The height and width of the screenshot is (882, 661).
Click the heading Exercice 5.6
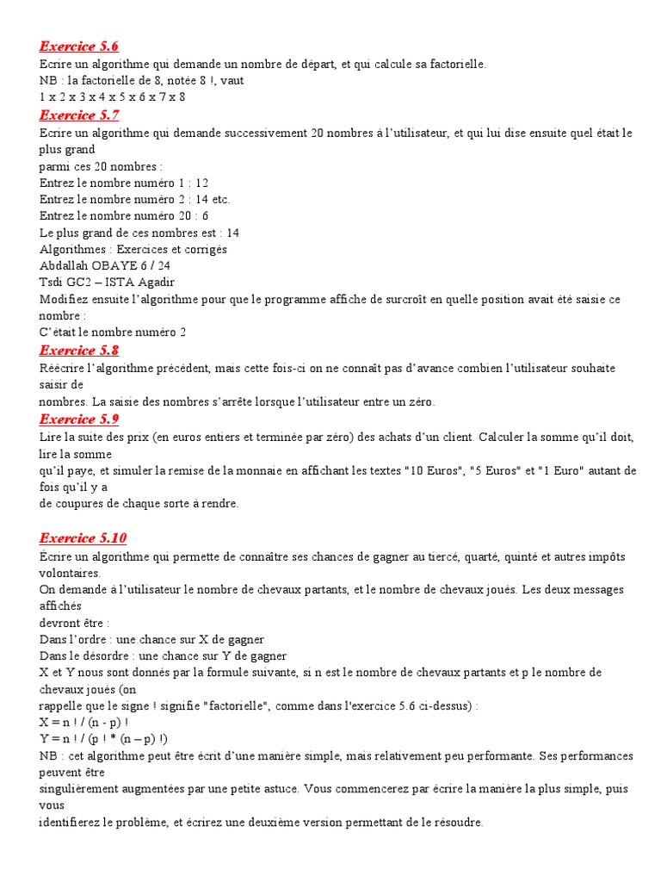pos(79,47)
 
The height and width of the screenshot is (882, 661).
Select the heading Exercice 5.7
pos(79,115)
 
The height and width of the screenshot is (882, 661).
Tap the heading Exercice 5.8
pos(79,351)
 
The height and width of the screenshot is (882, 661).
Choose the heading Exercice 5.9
pos(79,419)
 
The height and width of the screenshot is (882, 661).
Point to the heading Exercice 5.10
pos(83,538)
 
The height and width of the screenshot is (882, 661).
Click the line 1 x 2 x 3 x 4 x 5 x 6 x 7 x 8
pos(113,97)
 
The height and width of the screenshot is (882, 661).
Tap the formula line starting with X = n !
pos(84,723)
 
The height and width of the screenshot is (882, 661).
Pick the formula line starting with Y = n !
pos(104,739)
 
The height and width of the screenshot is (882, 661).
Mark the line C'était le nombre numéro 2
pos(113,332)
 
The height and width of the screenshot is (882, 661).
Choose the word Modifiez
pos(67,300)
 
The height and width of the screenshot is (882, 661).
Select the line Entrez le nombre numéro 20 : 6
pos(124,216)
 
